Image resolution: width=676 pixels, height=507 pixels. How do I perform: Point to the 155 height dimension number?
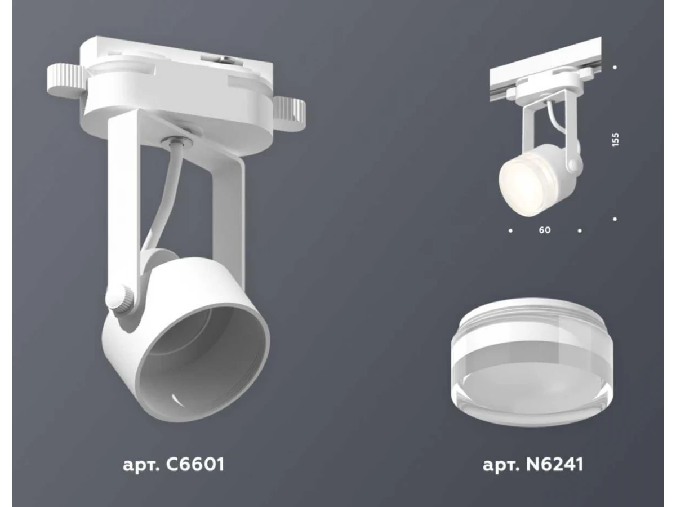pos(615,140)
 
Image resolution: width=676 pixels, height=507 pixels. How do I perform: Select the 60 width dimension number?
pos(545,230)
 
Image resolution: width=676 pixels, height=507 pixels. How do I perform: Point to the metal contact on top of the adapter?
pos(219,61)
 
